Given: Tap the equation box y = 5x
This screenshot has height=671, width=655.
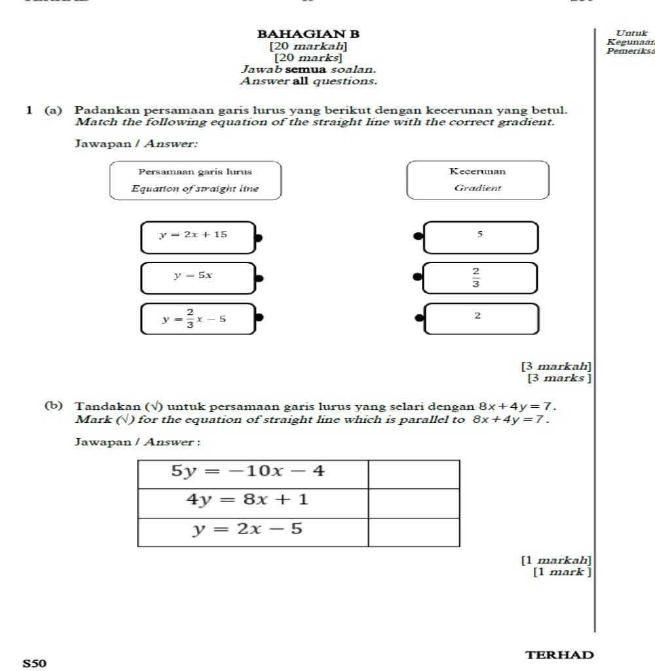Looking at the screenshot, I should (197, 278).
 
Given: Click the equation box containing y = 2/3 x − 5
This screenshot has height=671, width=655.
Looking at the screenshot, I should (197, 319).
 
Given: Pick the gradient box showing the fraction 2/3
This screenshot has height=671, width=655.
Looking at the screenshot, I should (481, 278).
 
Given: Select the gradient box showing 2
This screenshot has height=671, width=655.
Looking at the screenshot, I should (481, 318).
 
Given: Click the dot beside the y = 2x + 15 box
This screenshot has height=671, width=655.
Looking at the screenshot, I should (259, 238).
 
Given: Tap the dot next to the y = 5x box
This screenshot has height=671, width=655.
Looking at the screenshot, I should (259, 278).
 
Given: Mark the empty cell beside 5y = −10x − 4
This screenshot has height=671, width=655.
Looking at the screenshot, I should (414, 474).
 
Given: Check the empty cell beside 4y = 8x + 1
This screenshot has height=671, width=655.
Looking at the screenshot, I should (414, 503).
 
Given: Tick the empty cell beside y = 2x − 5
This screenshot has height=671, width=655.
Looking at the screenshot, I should (414, 532).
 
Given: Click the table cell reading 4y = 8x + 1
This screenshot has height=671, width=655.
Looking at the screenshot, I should (253, 503).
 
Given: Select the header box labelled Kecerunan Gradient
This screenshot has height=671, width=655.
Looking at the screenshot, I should (477, 180).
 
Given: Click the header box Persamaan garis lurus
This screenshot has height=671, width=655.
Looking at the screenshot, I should (195, 180).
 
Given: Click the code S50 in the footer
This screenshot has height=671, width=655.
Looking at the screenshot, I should (35, 663).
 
